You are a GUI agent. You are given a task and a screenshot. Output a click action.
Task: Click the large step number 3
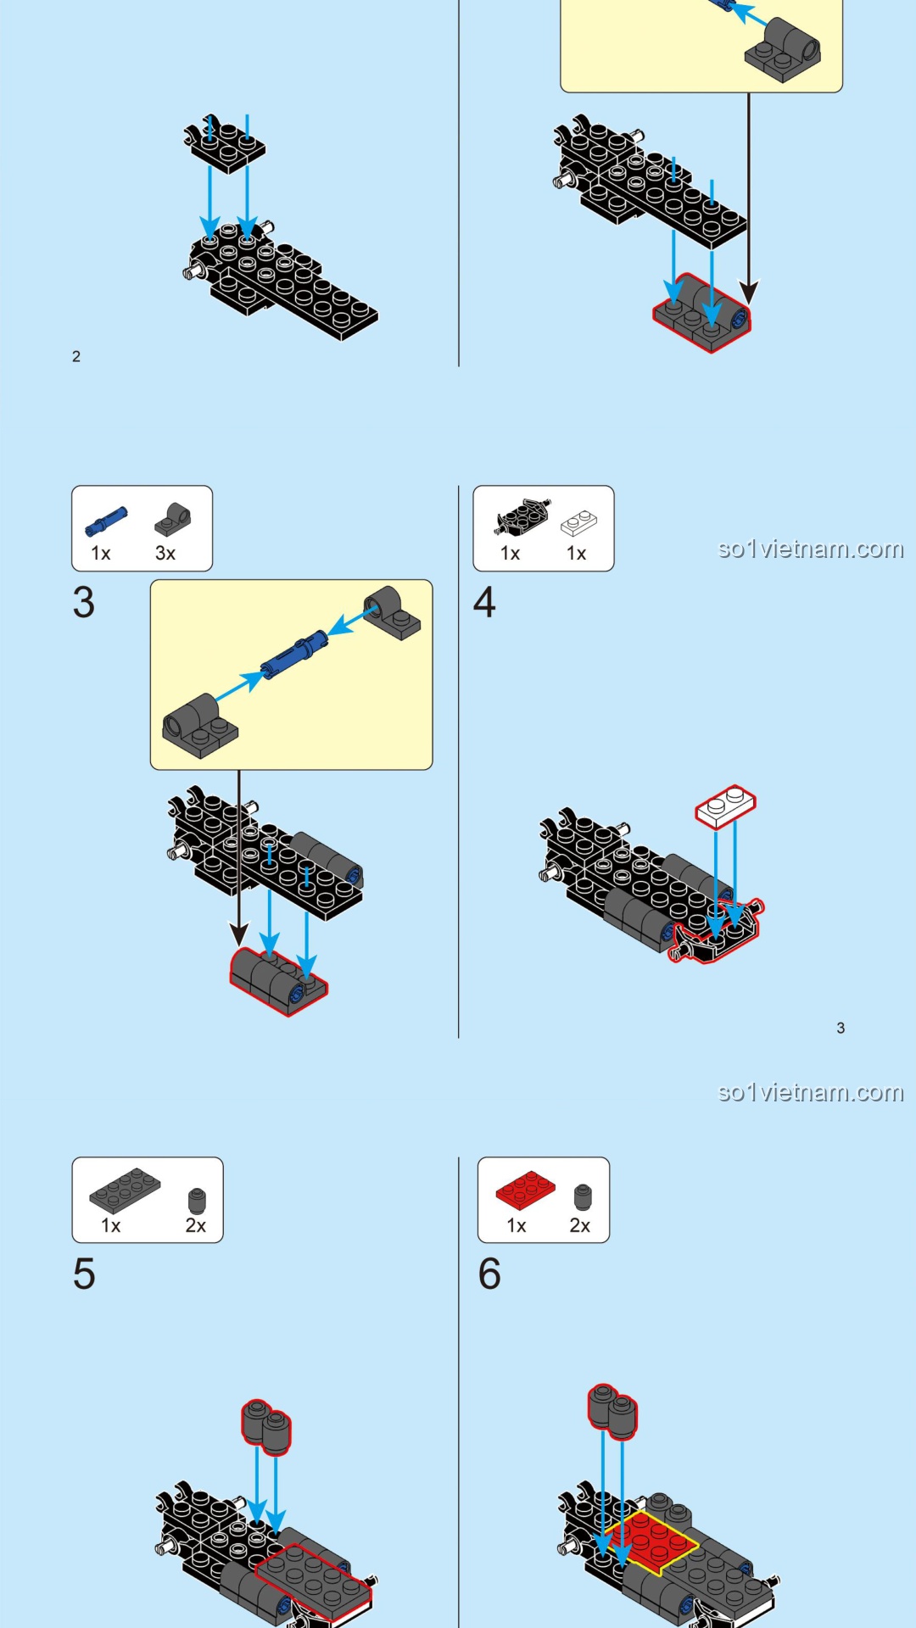coord(84,603)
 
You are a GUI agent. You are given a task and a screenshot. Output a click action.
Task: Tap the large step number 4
coord(484,603)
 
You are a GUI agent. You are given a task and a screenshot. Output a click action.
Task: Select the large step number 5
coord(84,1274)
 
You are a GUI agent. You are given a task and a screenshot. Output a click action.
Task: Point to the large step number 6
coord(489,1274)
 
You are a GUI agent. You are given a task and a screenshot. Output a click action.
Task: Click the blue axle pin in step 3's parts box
coord(106,521)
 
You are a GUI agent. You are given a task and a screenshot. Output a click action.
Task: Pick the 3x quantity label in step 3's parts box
coord(165,554)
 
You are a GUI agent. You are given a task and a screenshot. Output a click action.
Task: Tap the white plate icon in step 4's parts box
coord(578,523)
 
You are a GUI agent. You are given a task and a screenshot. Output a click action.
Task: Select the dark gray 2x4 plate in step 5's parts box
coord(125,1190)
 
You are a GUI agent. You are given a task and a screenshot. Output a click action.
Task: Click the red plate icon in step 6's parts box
coord(526,1190)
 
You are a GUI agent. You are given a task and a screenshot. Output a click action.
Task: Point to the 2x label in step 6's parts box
coord(580,1226)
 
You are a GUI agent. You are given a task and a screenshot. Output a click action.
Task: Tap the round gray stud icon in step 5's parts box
coord(197,1200)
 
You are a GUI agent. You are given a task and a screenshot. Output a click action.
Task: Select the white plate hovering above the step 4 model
coord(725,806)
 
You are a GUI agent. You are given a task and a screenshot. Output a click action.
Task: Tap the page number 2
coord(76,357)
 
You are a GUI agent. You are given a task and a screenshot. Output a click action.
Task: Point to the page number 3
coord(841,1029)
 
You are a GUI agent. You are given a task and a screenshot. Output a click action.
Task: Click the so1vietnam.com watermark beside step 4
coord(810,549)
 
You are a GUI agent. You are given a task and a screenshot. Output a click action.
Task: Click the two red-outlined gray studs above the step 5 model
coord(266,1425)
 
